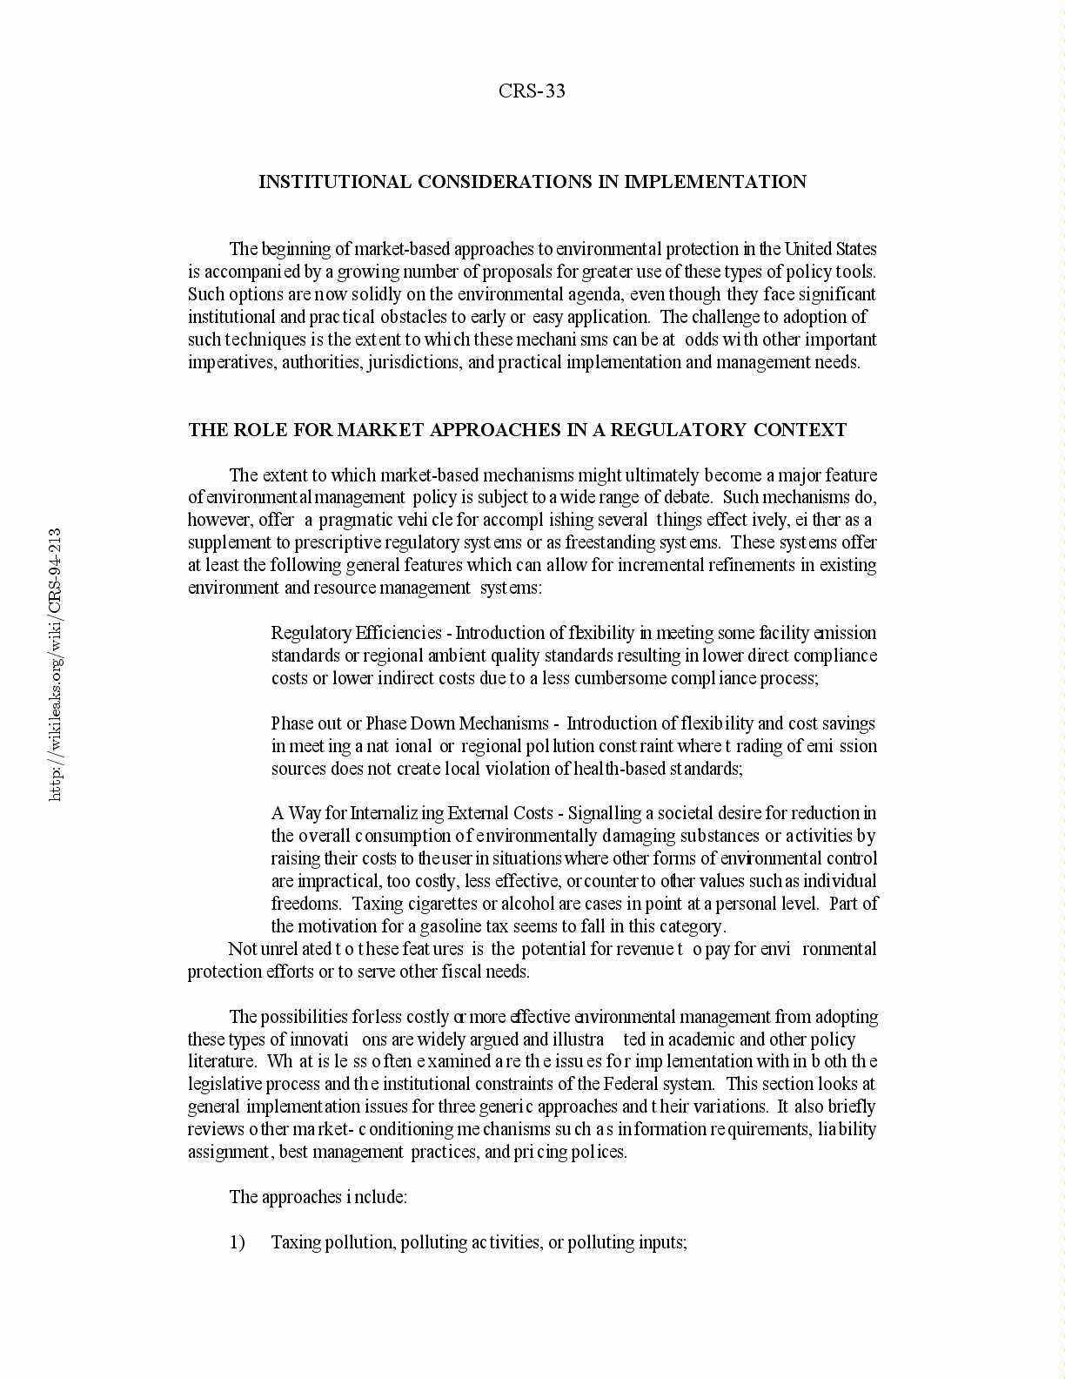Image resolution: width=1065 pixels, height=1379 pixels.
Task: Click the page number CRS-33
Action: click(x=532, y=91)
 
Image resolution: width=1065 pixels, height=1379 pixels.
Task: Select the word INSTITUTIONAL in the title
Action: click(x=335, y=182)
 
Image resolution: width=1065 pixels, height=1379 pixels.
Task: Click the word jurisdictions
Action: click(x=413, y=362)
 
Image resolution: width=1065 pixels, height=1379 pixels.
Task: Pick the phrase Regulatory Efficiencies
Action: click(x=357, y=633)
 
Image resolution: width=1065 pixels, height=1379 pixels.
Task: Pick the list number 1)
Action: click(x=238, y=1242)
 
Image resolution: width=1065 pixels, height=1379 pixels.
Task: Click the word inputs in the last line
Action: click(x=662, y=1242)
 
